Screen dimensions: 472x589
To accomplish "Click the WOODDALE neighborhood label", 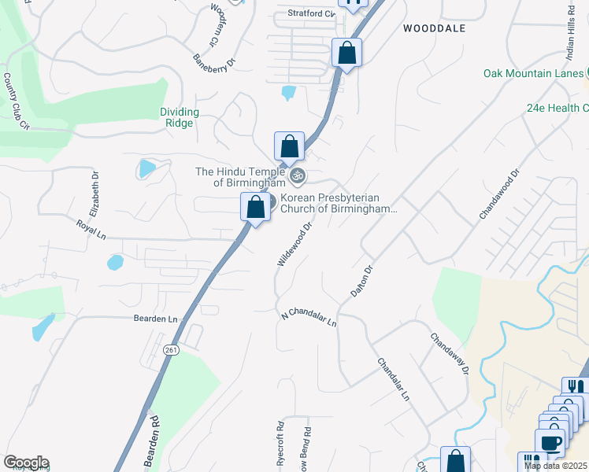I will (434, 28).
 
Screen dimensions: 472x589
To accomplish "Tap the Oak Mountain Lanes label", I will (533, 74).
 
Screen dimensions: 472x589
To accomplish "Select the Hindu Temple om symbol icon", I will (297, 175).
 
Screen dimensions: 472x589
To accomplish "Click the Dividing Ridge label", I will (180, 117).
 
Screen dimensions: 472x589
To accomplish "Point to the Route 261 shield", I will (170, 348).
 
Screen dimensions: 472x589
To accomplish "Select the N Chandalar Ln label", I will (309, 319).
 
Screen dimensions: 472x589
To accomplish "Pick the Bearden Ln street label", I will (156, 319).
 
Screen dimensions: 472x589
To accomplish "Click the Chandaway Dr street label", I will (449, 353).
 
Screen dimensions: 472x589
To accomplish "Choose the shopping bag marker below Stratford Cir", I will (346, 53).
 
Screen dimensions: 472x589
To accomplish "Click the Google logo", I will (25, 463).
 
